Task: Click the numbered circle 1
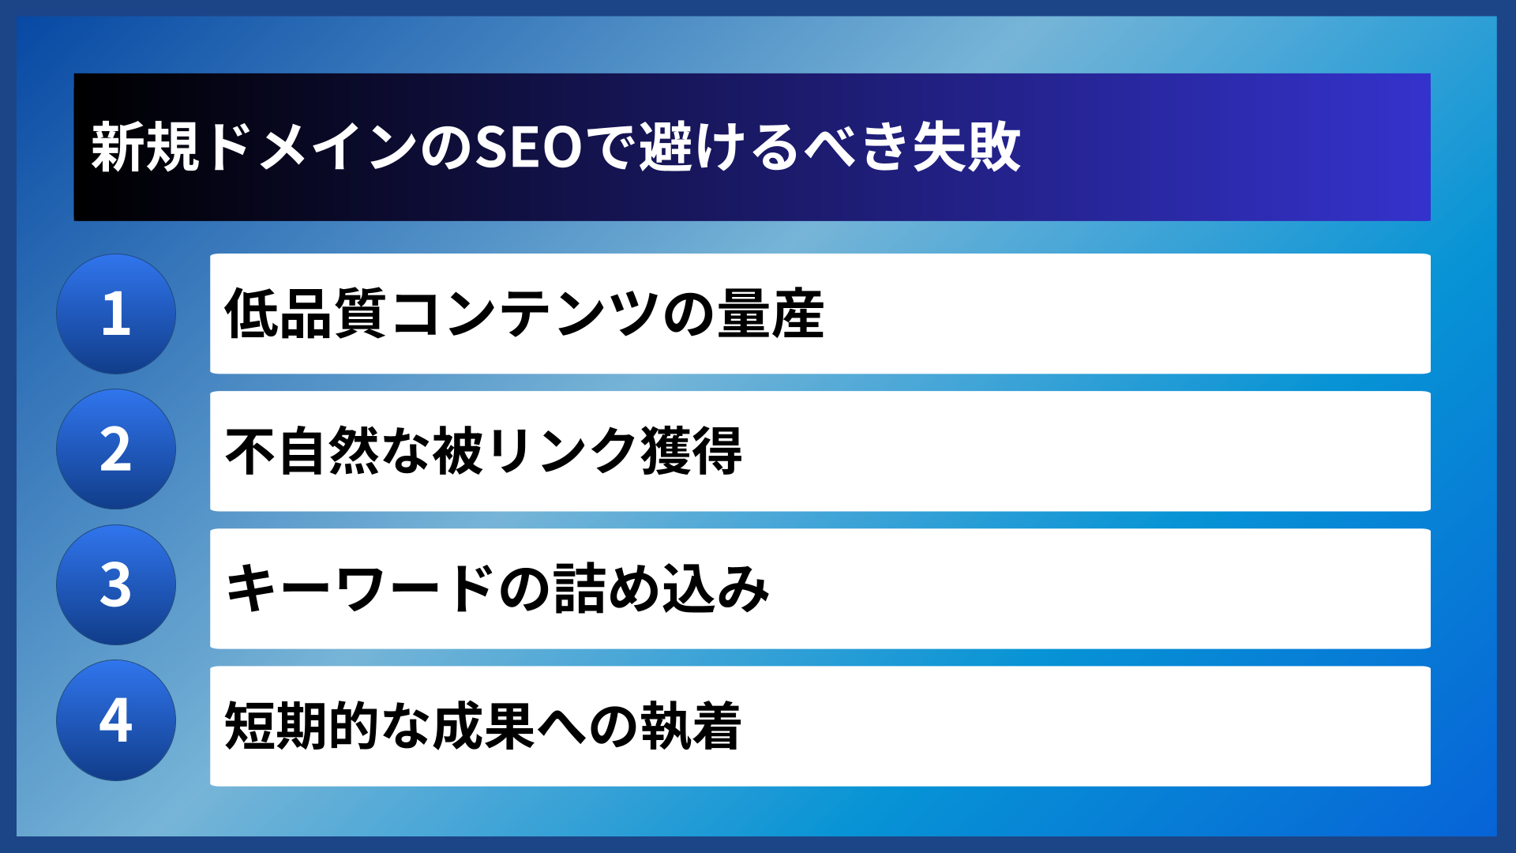tap(116, 314)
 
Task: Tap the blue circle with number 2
tap(116, 449)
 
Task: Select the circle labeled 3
tap(116, 585)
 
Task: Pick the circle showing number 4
tap(116, 720)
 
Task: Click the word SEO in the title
tap(528, 148)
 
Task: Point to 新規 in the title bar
tap(145, 148)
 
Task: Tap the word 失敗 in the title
tap(966, 148)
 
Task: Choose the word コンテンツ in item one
tap(524, 314)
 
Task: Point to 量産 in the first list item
tap(771, 314)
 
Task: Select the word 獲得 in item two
tap(692, 451)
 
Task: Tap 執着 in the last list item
tap(691, 726)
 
